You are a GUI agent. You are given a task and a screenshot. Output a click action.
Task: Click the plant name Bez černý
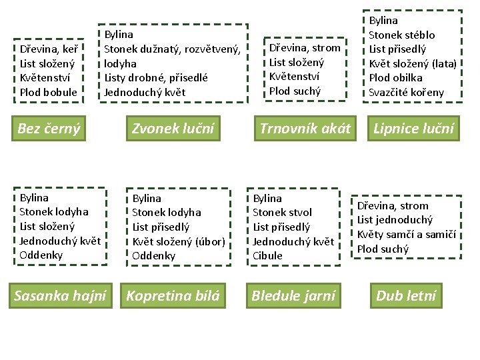pyautogui.click(x=49, y=129)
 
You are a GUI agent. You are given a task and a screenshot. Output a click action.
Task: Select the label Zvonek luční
pyautogui.click(x=173, y=129)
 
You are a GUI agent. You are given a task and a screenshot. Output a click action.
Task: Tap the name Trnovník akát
pyautogui.click(x=305, y=129)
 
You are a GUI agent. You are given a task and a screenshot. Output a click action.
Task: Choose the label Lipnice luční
pyautogui.click(x=414, y=129)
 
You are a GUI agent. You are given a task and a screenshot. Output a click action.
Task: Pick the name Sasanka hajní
pyautogui.click(x=60, y=295)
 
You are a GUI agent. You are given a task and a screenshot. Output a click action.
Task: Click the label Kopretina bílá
pyautogui.click(x=173, y=295)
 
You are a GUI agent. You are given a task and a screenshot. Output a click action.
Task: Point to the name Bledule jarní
pyautogui.click(x=293, y=295)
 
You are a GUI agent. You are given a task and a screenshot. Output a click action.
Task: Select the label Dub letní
pyautogui.click(x=405, y=295)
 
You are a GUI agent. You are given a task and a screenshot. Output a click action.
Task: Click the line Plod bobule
pyautogui.click(x=49, y=92)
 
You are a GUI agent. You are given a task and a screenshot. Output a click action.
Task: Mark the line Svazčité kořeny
pyautogui.click(x=406, y=93)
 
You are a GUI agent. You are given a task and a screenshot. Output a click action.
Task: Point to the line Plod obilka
pyautogui.click(x=395, y=78)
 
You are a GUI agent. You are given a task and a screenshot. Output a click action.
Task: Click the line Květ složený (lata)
pyautogui.click(x=412, y=63)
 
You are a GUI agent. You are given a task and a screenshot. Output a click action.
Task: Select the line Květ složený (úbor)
pyautogui.click(x=178, y=241)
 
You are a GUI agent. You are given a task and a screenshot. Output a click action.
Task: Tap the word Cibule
pyautogui.click(x=267, y=255)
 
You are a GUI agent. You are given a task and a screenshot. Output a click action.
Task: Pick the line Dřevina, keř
pyautogui.click(x=49, y=49)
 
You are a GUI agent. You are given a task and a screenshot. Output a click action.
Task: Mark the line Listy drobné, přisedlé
pyautogui.click(x=156, y=78)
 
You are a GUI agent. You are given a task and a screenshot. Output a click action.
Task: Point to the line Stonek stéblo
pyautogui.click(x=401, y=35)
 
